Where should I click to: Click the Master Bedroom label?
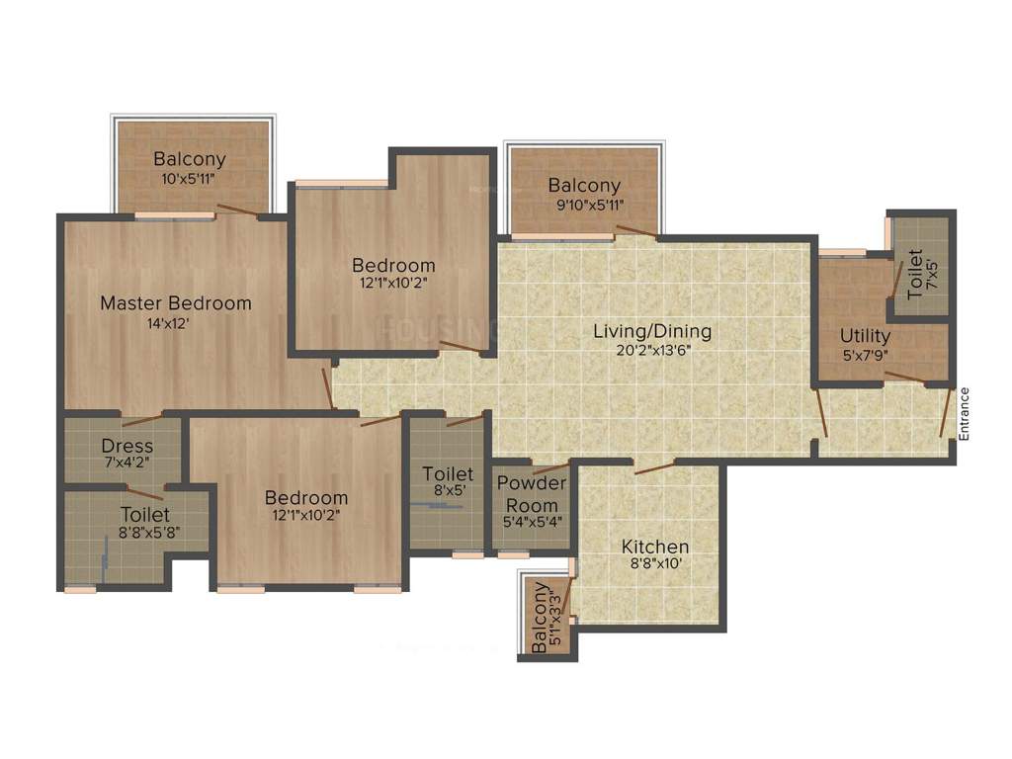(176, 303)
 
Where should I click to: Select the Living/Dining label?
(652, 331)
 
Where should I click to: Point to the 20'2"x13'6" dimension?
(652, 350)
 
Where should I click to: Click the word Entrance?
(965, 414)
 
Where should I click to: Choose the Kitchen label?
(655, 547)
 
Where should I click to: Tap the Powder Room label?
(532, 492)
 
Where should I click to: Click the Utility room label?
(866, 335)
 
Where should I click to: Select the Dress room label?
(126, 446)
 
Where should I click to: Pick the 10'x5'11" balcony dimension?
(189, 179)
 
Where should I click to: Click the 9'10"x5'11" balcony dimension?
(584, 206)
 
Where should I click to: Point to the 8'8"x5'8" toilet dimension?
(145, 534)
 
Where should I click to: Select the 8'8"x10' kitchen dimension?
(655, 565)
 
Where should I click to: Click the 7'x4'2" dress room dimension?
(126, 463)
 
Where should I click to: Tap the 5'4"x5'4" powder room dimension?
(532, 521)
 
